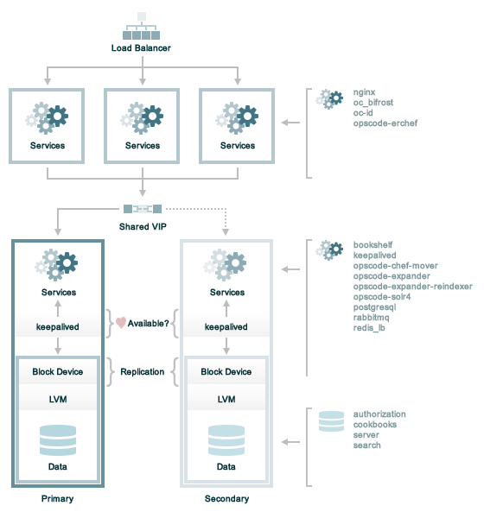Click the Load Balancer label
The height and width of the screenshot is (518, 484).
pyautogui.click(x=141, y=48)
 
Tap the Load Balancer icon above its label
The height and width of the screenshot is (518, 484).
pyautogui.click(x=141, y=26)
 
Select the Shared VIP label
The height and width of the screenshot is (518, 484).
pyautogui.click(x=143, y=226)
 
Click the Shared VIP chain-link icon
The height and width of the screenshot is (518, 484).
pyautogui.click(x=143, y=209)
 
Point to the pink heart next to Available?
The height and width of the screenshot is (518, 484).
pyautogui.click(x=121, y=323)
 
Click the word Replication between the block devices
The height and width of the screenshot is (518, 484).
pyautogui.click(x=143, y=372)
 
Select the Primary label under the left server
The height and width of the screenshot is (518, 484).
pyautogui.click(x=58, y=499)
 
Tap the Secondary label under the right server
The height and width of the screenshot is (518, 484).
pyautogui.click(x=226, y=499)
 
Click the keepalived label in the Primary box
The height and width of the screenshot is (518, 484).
pyautogui.click(x=58, y=327)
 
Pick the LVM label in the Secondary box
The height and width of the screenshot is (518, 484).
pyautogui.click(x=226, y=400)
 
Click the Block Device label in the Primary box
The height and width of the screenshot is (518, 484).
pyautogui.click(x=58, y=372)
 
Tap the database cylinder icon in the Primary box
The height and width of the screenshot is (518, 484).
pyautogui.click(x=58, y=440)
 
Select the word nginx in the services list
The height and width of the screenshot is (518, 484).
pyautogui.click(x=364, y=92)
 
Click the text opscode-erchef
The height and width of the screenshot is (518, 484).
pyautogui.click(x=385, y=123)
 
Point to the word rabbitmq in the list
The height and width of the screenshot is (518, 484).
pyautogui.click(x=371, y=318)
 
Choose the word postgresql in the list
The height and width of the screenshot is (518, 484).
pyautogui.click(x=374, y=307)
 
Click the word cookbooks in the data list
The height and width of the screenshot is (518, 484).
pyautogui.click(x=375, y=425)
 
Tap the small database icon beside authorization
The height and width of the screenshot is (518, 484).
pyautogui.click(x=331, y=421)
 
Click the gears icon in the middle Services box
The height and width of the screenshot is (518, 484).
pyautogui.click(x=142, y=118)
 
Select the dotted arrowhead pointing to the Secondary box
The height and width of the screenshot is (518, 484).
pyautogui.click(x=226, y=232)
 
